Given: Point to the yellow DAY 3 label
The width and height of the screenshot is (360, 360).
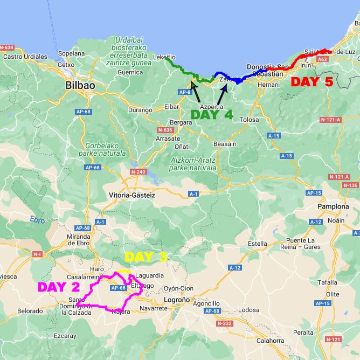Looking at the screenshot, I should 146,257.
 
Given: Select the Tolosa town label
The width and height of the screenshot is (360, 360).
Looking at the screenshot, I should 249,120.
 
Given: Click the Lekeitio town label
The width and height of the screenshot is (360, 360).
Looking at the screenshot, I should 164,57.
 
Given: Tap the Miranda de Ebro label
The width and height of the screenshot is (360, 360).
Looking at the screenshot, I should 72,240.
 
